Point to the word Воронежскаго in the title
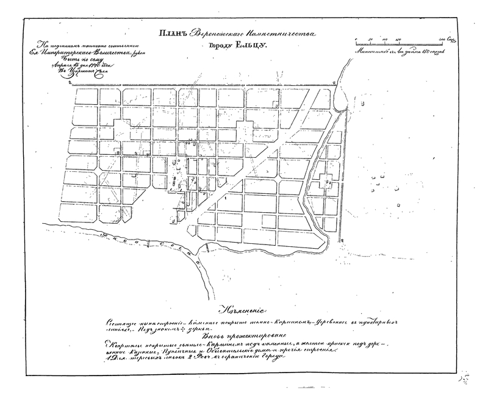point(215,35)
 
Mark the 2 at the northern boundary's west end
point(71,81)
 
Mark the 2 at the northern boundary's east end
point(334,82)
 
